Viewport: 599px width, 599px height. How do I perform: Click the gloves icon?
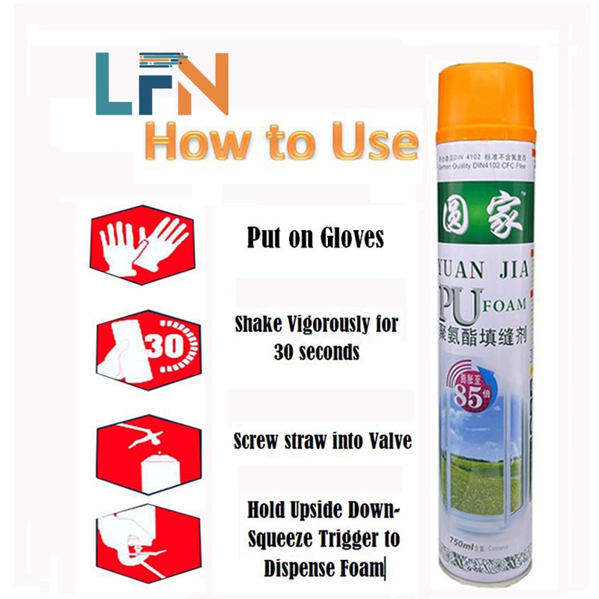[x=142, y=240]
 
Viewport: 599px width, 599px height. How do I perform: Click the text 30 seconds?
[x=315, y=352]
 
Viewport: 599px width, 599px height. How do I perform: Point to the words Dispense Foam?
[x=324, y=568]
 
